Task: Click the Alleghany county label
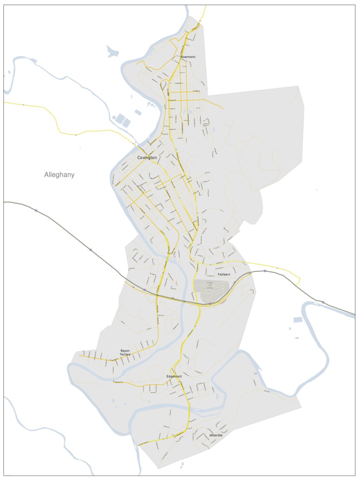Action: click(x=59, y=175)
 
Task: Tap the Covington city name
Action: click(x=147, y=158)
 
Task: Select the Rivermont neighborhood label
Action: click(x=188, y=57)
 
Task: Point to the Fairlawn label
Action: click(x=224, y=274)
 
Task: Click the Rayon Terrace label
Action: click(x=125, y=352)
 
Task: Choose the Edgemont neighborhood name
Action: click(x=174, y=376)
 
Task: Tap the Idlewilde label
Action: click(x=216, y=435)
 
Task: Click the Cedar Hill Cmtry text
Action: click(x=210, y=285)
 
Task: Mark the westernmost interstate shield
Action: click(x=36, y=210)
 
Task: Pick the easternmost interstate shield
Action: click(x=323, y=302)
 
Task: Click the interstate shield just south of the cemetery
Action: click(x=210, y=304)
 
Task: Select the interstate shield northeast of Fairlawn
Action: click(x=265, y=271)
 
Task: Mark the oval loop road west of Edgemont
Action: click(x=155, y=373)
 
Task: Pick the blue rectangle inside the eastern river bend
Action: click(x=298, y=320)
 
